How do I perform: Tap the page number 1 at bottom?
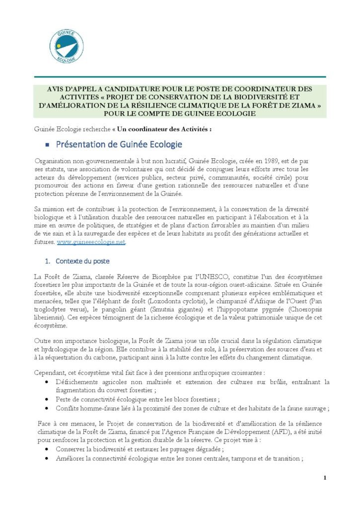(324, 478)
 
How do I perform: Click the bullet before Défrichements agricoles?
(47, 382)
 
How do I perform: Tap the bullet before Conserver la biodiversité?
(47, 449)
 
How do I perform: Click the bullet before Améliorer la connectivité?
(47, 459)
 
